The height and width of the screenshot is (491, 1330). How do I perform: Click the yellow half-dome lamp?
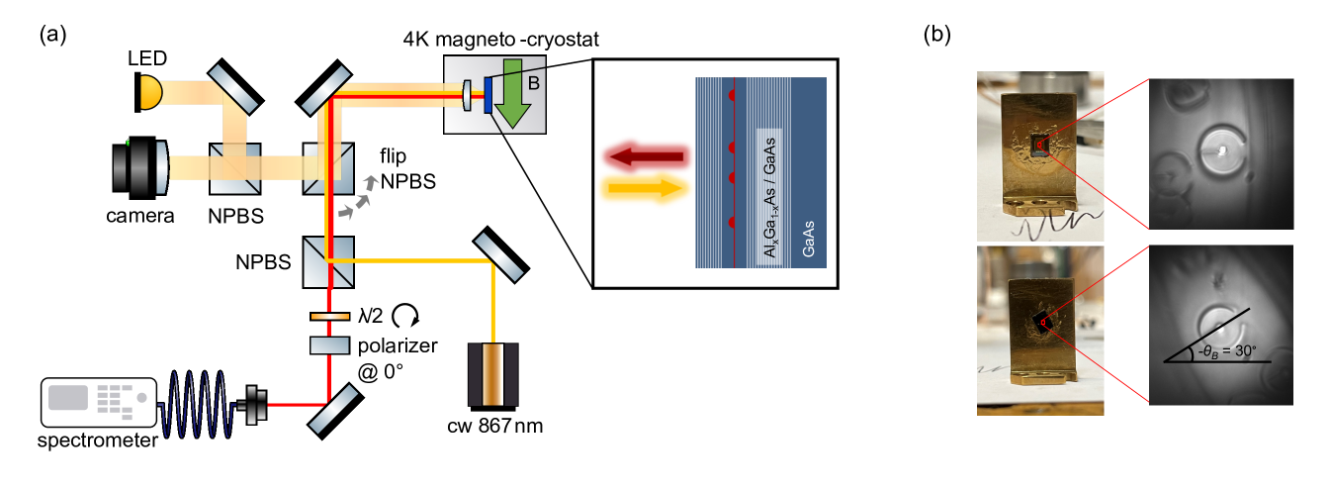point(150,92)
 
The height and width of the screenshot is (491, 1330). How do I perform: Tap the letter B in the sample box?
point(533,83)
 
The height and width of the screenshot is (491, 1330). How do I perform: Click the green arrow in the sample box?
point(512,93)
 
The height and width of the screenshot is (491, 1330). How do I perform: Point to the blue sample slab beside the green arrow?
point(488,96)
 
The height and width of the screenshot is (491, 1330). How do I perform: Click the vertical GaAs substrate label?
point(808,239)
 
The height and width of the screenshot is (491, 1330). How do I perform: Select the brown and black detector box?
point(492,373)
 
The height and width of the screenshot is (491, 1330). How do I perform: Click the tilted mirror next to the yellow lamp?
point(233,89)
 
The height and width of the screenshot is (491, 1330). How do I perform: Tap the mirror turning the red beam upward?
point(332,409)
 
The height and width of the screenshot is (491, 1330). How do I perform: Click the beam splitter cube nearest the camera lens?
point(234,166)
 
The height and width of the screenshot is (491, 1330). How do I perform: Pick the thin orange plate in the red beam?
point(329,317)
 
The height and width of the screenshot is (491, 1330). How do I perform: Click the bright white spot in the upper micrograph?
point(1222,151)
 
